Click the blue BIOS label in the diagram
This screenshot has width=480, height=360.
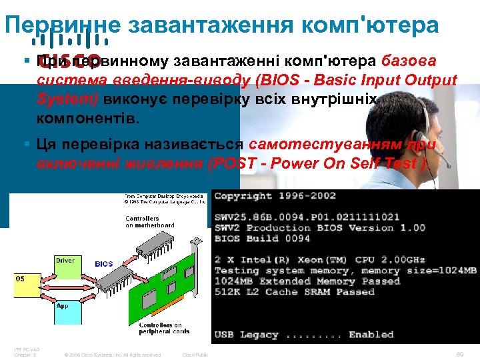point(104,264)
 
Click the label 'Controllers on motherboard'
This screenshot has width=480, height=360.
point(142,221)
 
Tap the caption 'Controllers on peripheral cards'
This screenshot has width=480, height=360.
point(164,328)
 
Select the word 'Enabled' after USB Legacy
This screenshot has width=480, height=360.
point(371,335)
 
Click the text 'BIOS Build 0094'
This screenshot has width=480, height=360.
point(262,239)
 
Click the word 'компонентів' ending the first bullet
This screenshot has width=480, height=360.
point(89,119)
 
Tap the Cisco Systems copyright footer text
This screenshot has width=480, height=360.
point(113,355)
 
